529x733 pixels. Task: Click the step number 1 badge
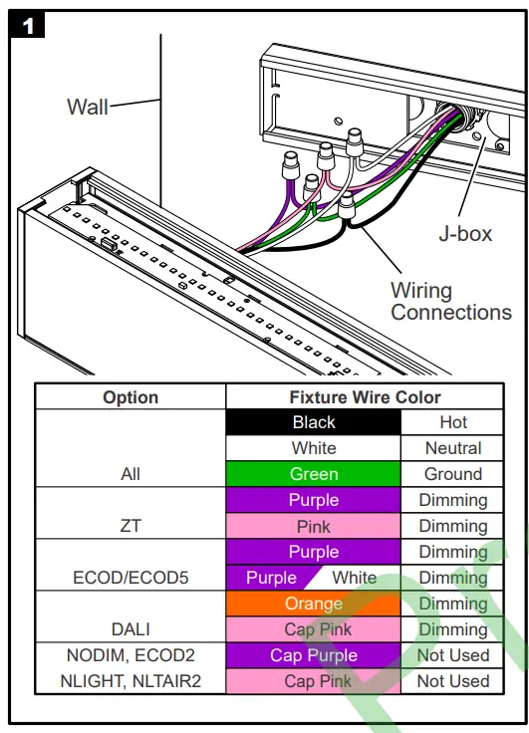[27, 25]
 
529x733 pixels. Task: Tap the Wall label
[88, 107]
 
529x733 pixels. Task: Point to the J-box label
[465, 233]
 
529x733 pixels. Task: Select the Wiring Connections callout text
[451, 302]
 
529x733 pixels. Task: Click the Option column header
[131, 397]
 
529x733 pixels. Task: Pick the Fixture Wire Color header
[365, 397]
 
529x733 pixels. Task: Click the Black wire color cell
[314, 422]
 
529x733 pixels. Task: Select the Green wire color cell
[314, 474]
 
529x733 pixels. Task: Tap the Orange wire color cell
[314, 604]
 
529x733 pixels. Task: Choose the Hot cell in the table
[452, 422]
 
